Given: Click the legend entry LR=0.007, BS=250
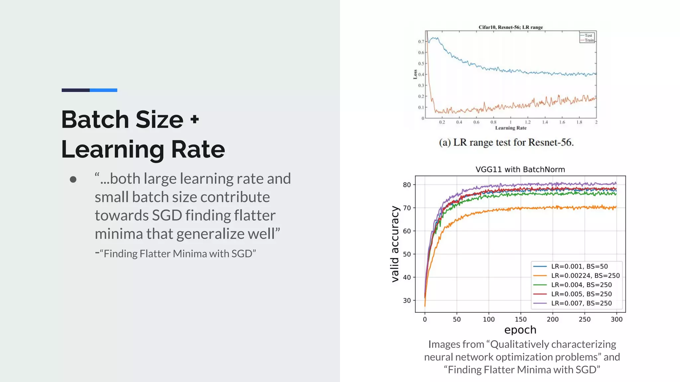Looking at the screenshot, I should point(581,303).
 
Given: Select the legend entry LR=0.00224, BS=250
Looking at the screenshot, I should point(585,276).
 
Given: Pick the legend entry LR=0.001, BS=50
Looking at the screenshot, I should point(579,266).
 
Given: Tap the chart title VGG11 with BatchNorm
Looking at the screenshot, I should point(520,169).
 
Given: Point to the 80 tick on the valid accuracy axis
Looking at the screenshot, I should point(407,185).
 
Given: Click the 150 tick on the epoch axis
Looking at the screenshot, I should point(520,319).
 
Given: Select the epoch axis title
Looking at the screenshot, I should point(520,330).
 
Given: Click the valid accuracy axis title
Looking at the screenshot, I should point(395,244).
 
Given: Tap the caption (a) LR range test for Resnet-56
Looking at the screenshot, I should point(506,142).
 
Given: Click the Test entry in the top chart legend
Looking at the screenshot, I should point(588,35).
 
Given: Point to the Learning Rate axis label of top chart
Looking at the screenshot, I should point(511,128).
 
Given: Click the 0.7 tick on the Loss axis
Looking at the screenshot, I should point(421,41).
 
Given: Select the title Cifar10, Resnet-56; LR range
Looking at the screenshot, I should point(510,27).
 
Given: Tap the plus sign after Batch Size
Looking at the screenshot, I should point(195,119).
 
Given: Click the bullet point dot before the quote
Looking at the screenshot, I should point(73,179).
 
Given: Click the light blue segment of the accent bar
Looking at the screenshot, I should point(103,90).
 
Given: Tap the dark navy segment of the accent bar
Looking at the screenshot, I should point(75,90).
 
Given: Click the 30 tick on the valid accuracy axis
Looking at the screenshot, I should point(407,300).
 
